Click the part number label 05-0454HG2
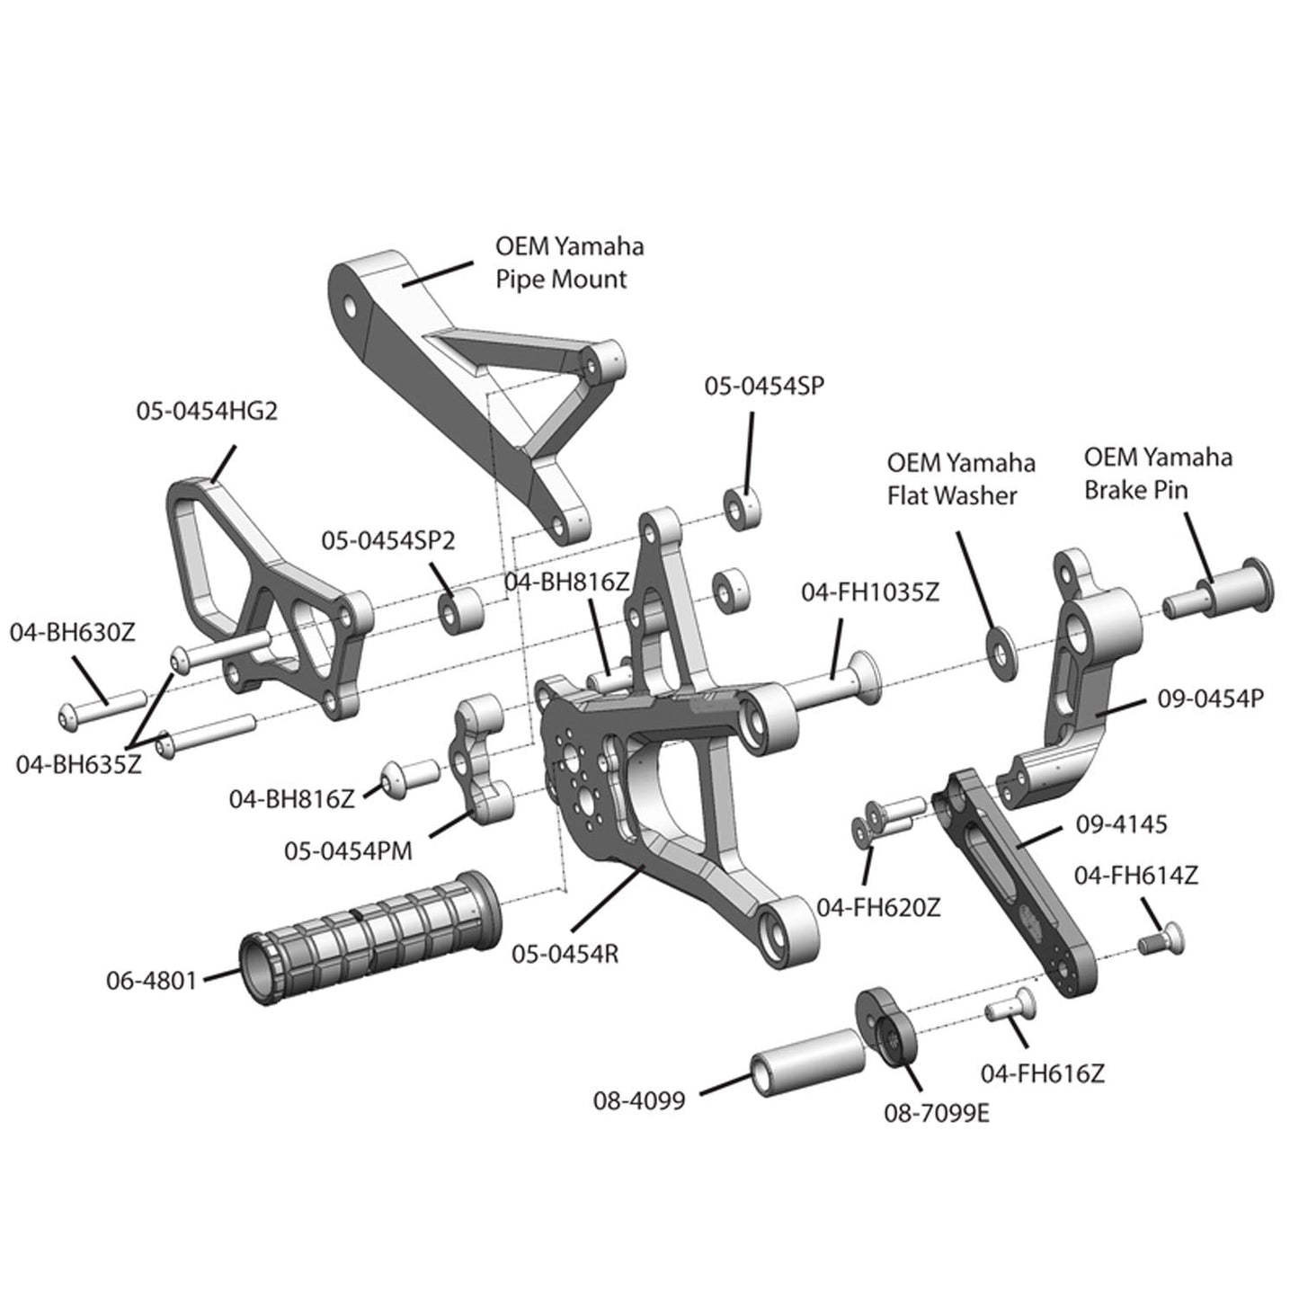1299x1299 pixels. (207, 411)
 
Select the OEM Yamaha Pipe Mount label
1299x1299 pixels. (569, 262)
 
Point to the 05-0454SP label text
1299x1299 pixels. (763, 386)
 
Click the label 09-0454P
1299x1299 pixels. (1211, 698)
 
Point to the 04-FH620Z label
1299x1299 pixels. (878, 906)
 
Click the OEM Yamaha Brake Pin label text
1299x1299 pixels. (1157, 473)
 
